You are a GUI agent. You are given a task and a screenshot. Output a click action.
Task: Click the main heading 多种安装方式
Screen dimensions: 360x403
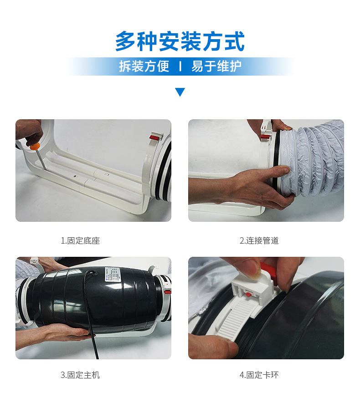click(x=180, y=41)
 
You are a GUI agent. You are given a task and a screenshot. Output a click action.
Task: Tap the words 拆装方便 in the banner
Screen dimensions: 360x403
click(x=144, y=66)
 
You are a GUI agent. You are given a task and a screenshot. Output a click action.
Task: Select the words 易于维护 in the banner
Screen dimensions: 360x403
click(x=216, y=66)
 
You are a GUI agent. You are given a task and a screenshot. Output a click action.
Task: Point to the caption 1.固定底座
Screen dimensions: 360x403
click(x=80, y=240)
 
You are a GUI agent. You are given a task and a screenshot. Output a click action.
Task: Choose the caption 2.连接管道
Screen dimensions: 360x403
click(x=259, y=240)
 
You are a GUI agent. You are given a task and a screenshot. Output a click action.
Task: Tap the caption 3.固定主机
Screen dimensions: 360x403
click(x=80, y=375)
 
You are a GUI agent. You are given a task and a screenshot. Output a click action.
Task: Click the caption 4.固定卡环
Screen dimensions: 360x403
click(x=259, y=375)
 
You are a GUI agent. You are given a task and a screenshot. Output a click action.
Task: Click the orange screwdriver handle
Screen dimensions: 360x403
click(x=35, y=147)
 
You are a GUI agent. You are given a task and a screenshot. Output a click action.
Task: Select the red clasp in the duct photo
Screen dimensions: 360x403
click(x=265, y=137)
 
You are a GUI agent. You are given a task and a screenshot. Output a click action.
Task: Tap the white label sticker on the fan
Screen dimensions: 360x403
click(x=112, y=275)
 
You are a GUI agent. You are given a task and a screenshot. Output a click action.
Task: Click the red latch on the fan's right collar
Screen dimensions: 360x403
click(x=167, y=292)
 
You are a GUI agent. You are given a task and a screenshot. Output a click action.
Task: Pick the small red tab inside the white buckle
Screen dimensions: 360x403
click(x=249, y=294)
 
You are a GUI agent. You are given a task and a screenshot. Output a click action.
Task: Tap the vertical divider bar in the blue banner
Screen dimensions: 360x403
click(x=180, y=66)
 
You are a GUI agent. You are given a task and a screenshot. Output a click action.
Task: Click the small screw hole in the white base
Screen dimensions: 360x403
click(x=75, y=177)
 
